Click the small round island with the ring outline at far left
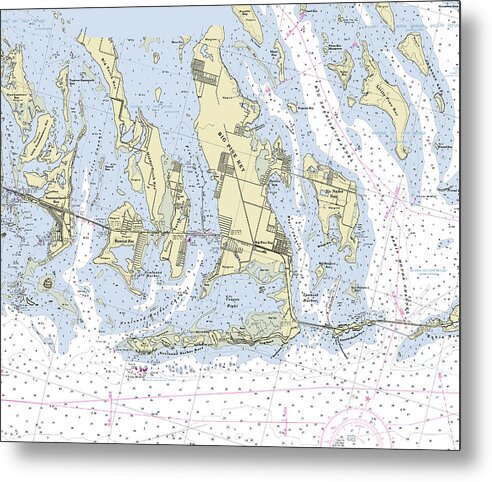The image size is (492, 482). [x=47, y=285]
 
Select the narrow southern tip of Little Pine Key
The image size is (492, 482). [x=401, y=150]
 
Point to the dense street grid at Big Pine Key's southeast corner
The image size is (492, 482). [x=283, y=246]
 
